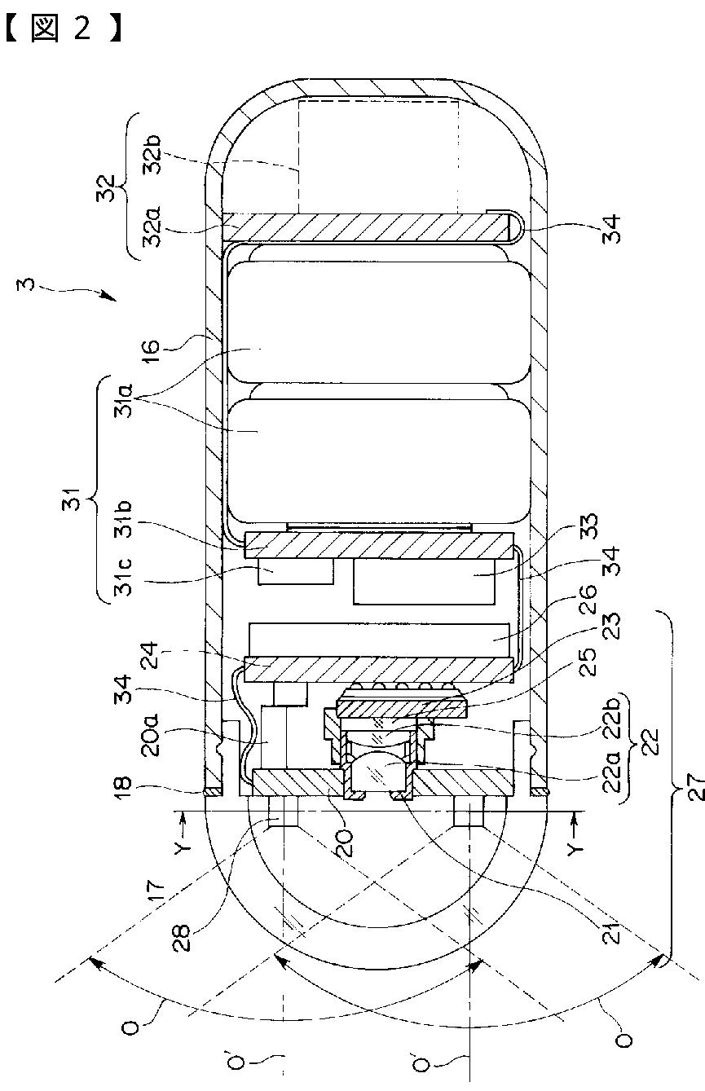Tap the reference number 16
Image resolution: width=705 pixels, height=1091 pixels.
click(152, 347)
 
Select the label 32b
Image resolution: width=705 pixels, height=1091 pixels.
click(152, 155)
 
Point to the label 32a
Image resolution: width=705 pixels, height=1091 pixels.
click(152, 227)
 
